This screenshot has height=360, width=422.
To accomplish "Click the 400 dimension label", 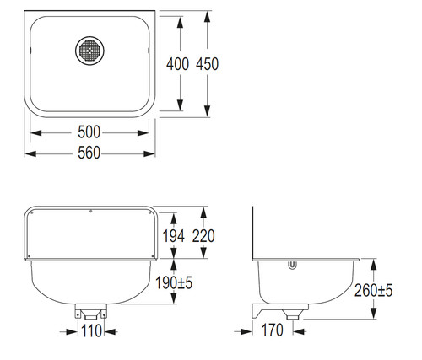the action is click(177, 64).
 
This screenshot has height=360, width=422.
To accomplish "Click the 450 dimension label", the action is click(208, 64).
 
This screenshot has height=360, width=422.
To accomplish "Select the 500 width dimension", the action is click(89, 132).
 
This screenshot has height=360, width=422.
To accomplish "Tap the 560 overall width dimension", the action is click(89, 153).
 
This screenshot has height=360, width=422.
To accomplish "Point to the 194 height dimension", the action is click(174, 236).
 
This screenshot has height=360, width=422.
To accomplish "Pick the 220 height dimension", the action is click(203, 236).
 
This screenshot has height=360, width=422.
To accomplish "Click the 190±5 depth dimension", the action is click(174, 282).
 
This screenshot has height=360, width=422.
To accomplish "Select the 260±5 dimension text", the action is click(373, 290).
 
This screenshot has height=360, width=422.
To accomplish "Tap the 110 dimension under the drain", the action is click(91, 330).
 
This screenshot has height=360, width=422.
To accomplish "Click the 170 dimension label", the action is click(273, 330).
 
